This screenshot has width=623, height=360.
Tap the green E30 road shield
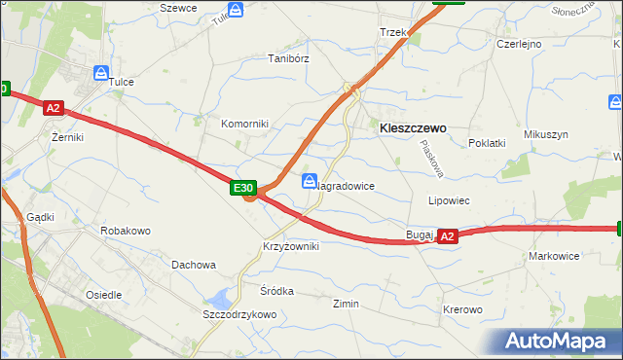pos(243,188)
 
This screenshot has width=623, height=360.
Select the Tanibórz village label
pos(288,58)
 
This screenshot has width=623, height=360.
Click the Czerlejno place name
pos(519,44)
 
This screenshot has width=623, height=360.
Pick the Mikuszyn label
pos(545,134)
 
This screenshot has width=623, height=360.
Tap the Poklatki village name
pos(487,143)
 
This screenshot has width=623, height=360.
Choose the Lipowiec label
pos(450,200)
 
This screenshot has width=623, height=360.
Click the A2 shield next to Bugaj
pos(447,235)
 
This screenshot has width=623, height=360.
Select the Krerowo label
pos(462,309)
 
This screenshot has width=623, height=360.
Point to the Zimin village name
pos(346,305)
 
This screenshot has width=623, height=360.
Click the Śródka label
pos(276,291)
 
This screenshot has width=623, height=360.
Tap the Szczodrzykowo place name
pos(239,315)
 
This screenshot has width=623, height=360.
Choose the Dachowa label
pos(193,265)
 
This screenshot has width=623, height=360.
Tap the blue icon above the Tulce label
pos(101,72)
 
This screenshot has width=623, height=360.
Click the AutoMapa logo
pos(558,342)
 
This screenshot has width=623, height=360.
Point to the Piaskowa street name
pos(431,159)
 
